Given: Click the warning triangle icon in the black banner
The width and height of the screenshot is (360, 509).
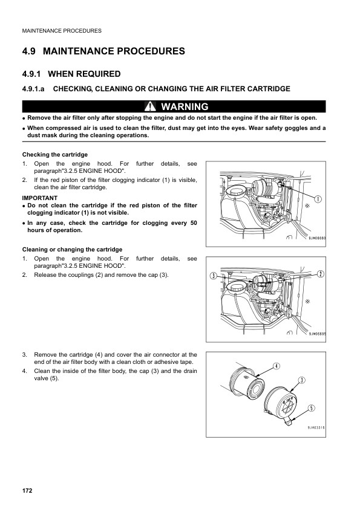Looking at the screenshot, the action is pos(150,106).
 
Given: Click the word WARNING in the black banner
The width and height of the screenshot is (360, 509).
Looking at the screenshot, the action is pos(185,106).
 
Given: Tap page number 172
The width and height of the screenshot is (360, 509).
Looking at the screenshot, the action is pos(27,490).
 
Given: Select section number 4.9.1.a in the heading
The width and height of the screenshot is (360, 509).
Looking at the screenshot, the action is pos(33,89).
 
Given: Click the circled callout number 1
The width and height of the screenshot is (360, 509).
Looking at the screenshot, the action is pos(318,199).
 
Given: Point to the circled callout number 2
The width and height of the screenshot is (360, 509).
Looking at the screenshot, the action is pos(320,274).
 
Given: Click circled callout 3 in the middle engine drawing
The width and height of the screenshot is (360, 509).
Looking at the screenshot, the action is pos(213,276).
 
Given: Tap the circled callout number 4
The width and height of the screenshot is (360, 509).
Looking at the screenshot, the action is pos(276,366).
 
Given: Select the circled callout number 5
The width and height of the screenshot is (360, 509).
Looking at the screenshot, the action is pos(312,408).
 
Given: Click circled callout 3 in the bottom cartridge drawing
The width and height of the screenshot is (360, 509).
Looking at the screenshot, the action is pos(302,380).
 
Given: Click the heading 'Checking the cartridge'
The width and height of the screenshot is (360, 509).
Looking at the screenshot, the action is pos(55,155).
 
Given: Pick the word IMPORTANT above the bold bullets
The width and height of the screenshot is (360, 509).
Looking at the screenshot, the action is pos(40,198).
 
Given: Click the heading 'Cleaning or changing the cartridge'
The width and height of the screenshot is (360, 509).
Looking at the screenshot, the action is pos(72,249).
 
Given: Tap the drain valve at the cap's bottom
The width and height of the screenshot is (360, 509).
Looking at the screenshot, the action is pos(288,421).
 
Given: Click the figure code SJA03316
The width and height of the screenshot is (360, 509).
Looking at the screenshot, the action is pos(316,427).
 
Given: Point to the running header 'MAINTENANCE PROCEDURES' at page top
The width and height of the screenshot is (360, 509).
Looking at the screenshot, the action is pos(62,31).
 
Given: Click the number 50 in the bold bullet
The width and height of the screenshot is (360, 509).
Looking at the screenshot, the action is pos(194,222).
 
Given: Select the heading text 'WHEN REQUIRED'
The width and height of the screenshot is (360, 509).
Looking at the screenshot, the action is pos(84,74).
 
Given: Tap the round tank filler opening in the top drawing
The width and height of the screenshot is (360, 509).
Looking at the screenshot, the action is pos(236,191).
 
